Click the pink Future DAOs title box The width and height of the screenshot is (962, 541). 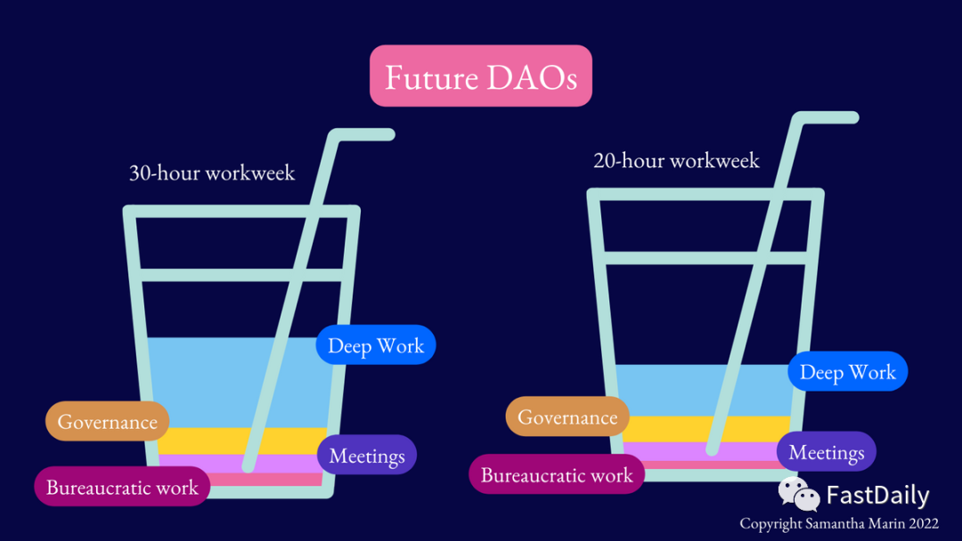(x=481, y=77)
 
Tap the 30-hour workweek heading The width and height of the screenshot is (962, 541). (x=212, y=173)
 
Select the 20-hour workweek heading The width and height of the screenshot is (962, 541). (x=676, y=160)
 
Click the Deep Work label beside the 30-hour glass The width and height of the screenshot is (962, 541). (x=376, y=345)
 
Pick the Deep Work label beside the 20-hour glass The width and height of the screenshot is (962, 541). (x=847, y=371)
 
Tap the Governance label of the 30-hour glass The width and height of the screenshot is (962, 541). (x=108, y=422)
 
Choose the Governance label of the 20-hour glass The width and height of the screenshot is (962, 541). (x=567, y=417)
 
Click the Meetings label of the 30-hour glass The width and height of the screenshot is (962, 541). (x=367, y=456)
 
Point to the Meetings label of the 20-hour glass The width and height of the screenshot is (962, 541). (x=826, y=452)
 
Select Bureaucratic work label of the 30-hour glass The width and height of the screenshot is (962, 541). (x=122, y=487)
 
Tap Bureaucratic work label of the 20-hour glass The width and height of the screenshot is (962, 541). (x=557, y=474)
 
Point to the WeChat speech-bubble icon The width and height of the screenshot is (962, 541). (x=798, y=494)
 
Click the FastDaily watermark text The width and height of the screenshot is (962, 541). (x=877, y=496)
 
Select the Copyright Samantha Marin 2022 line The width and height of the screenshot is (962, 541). (x=839, y=524)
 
